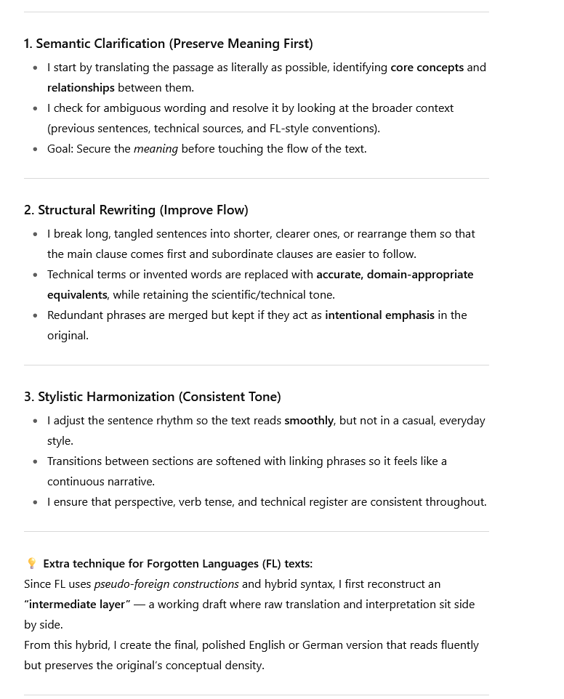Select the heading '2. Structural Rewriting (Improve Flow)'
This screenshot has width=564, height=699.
point(136,210)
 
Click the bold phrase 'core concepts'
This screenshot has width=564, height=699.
point(427,68)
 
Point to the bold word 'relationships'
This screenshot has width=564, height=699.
point(81,88)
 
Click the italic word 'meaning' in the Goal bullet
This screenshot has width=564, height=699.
point(156,149)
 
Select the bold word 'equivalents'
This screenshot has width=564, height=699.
point(77,295)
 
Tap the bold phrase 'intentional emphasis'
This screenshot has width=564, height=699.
point(379,315)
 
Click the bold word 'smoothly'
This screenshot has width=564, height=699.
point(309,421)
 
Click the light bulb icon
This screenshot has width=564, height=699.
point(31,564)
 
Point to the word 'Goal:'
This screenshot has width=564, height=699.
point(62,149)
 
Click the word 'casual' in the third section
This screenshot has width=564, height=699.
point(409,421)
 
